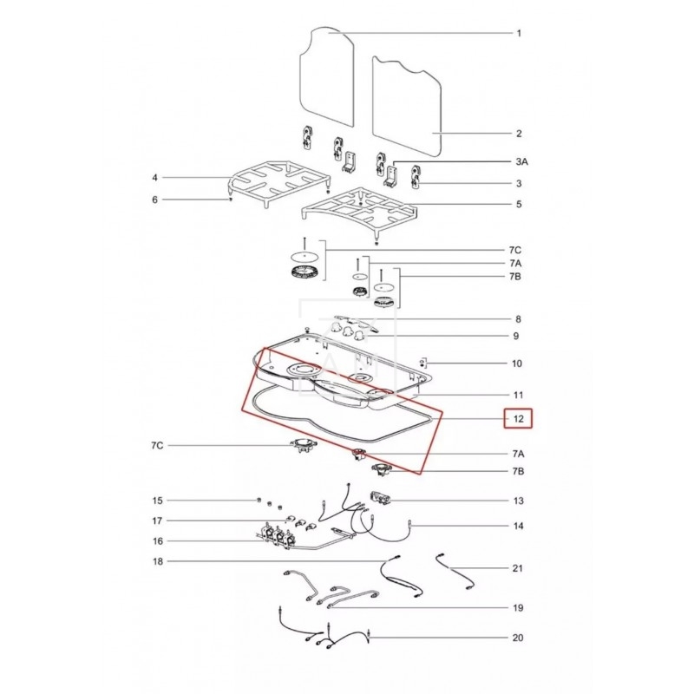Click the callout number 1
pyautogui.click(x=519, y=33)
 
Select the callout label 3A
pyautogui.click(x=522, y=161)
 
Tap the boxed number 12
pyautogui.click(x=518, y=419)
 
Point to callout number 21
pyautogui.click(x=518, y=568)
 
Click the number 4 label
pyautogui.click(x=154, y=178)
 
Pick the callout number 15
pyautogui.click(x=154, y=200)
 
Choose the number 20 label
pyautogui.click(x=518, y=638)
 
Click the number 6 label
pyautogui.click(x=154, y=200)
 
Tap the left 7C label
pyautogui.click(x=157, y=445)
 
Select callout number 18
pyautogui.click(x=157, y=561)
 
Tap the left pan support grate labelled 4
pyautogui.click(x=280, y=184)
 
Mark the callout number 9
pyautogui.click(x=516, y=336)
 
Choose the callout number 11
pyautogui.click(x=518, y=395)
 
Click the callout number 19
pyautogui.click(x=518, y=608)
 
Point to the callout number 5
pyautogui.click(x=519, y=204)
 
